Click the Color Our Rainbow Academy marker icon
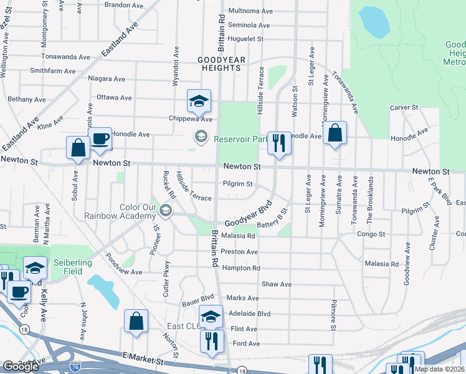point(166,210)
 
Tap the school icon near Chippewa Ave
point(199,101)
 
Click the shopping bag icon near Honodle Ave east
point(335,133)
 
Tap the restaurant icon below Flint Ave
point(212,341)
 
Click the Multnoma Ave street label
point(251,11)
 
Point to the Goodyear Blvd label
point(249,214)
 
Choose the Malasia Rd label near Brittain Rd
point(238,236)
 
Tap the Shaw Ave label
point(277,284)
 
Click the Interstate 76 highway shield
point(75,367)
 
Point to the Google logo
point(21,366)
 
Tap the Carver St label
point(404,108)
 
